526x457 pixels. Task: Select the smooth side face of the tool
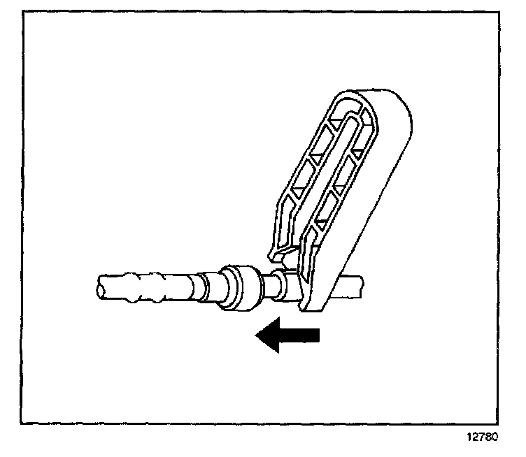[371, 210]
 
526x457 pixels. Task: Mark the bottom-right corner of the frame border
[505, 423]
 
